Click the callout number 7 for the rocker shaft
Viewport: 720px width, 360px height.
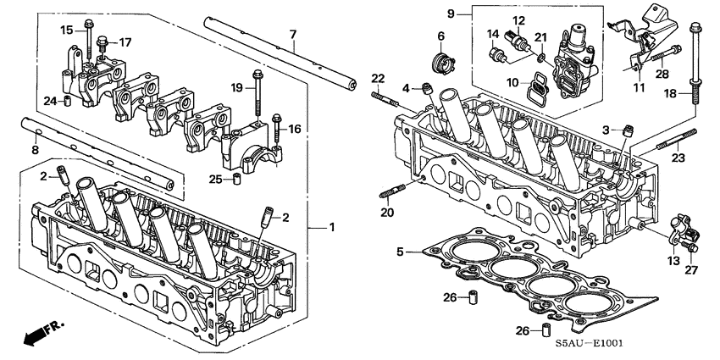click(x=292, y=34)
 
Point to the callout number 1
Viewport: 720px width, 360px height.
click(x=332, y=228)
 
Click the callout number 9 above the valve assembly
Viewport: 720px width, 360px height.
click(x=451, y=13)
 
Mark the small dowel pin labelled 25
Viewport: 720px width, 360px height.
click(x=239, y=179)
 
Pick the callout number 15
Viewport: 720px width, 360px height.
click(x=67, y=30)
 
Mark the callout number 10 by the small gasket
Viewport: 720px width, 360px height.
click(x=512, y=81)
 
